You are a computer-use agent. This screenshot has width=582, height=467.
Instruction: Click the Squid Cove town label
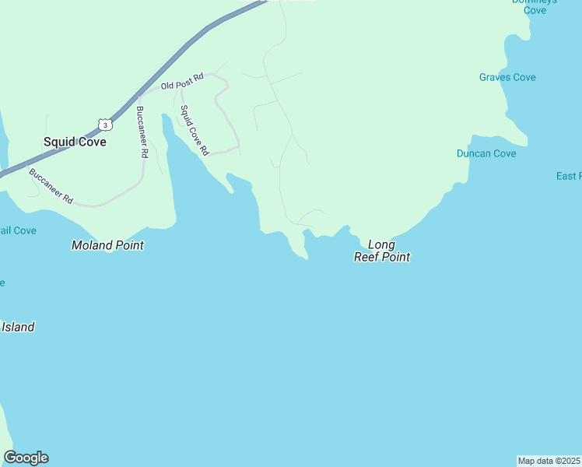[75, 142]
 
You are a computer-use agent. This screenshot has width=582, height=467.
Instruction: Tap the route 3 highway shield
[104, 125]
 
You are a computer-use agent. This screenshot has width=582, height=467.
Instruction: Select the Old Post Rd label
[181, 82]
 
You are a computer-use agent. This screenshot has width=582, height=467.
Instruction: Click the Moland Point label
[107, 245]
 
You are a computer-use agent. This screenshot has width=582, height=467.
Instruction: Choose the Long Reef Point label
[381, 251]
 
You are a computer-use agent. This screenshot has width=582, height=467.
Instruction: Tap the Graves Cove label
[507, 77]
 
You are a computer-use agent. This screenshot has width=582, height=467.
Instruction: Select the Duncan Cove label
[486, 153]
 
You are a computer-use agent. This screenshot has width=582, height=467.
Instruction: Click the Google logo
[26, 458]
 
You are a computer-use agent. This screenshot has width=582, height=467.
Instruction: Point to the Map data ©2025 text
[549, 461]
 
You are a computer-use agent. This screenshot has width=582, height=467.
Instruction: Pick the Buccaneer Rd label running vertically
[141, 132]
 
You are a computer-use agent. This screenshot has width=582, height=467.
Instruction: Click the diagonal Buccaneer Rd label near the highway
[51, 186]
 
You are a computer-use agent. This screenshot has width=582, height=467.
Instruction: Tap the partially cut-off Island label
[17, 327]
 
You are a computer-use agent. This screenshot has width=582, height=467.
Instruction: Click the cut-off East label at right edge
[569, 176]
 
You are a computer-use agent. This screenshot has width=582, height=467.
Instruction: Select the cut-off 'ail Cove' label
[18, 230]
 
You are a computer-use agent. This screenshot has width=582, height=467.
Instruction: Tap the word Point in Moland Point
[128, 245]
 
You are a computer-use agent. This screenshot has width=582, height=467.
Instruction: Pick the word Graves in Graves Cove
[495, 77]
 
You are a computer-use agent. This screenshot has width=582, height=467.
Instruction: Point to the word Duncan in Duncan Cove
[474, 153]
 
